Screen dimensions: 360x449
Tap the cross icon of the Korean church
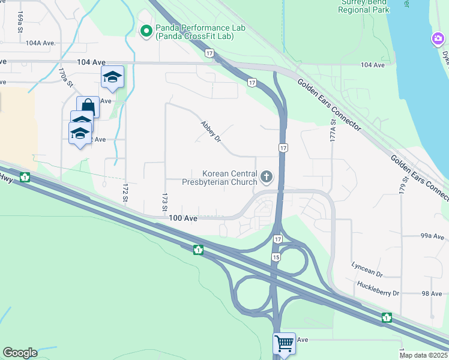coord(267,177)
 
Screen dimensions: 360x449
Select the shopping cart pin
coord(284,344)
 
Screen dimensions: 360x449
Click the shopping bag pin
coord(88,107)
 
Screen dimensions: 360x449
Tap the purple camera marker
coord(438,40)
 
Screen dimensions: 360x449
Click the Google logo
coord(20,353)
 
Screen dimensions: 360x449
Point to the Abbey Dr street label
coord(211,130)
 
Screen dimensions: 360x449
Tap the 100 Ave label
coord(183,219)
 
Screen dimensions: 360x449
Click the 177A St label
coord(332,130)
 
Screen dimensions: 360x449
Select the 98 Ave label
coord(432,293)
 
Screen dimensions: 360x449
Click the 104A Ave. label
coord(41,43)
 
